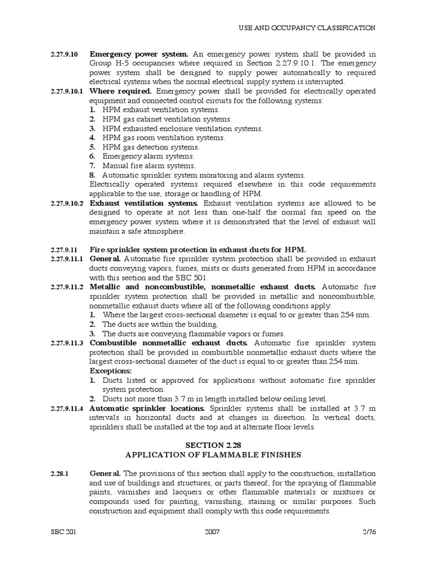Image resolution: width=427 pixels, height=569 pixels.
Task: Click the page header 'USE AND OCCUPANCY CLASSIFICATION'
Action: pyautogui.click(x=307, y=27)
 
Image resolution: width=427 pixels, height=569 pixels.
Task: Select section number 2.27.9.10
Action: pyautogui.click(x=64, y=54)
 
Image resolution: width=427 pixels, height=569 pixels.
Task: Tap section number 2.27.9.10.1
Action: pyautogui.click(x=66, y=91)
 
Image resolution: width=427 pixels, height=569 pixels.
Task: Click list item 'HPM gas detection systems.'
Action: pyautogui.click(x=151, y=147)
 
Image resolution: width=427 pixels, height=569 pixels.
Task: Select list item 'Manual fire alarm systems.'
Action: pyautogui.click(x=148, y=166)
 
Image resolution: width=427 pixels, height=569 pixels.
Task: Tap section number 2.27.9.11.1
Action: pyautogui.click(x=66, y=259)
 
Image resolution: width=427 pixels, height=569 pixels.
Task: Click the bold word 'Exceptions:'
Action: pyautogui.click(x=111, y=371)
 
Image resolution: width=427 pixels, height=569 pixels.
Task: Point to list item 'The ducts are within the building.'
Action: pyautogui.click(x=160, y=324)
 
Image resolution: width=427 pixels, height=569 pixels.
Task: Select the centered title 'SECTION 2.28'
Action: pyautogui.click(x=213, y=445)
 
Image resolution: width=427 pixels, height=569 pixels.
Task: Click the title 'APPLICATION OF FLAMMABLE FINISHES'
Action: pyautogui.click(x=213, y=455)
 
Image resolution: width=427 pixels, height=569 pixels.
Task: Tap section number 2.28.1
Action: pyautogui.click(x=59, y=473)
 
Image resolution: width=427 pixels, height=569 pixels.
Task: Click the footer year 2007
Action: pyautogui.click(x=212, y=532)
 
